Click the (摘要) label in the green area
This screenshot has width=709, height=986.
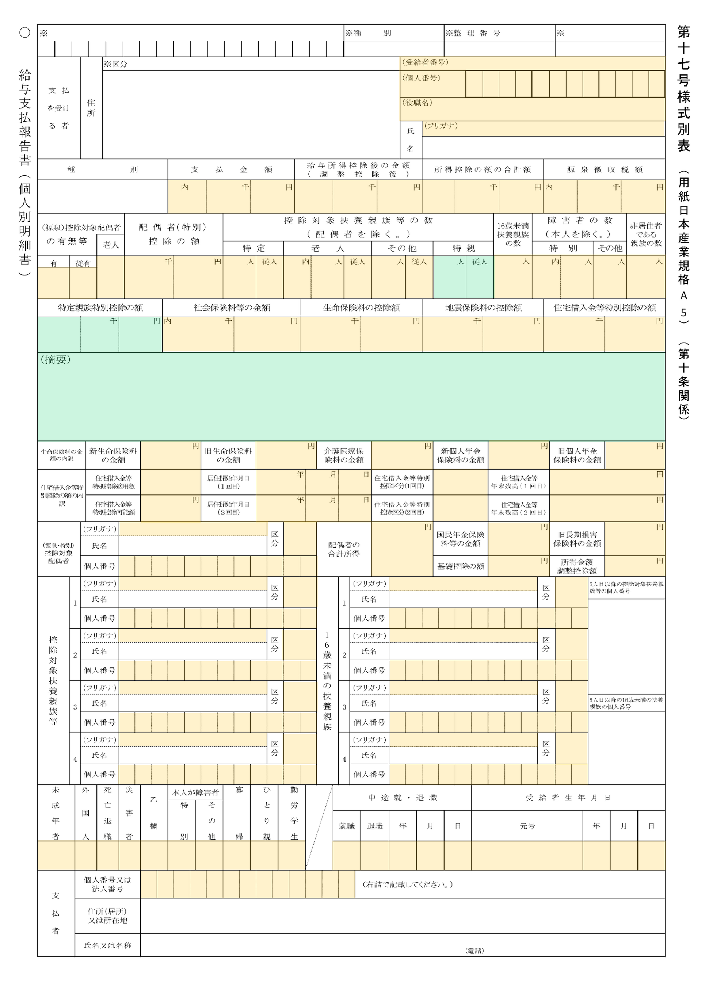55,360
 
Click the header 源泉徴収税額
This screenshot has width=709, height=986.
604,169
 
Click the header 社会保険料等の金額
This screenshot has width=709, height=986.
232,308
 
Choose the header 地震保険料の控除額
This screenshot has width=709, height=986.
483,308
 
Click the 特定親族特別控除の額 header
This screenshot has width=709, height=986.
100,308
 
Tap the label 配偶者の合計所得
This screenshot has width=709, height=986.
344,549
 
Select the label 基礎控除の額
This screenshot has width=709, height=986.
460,566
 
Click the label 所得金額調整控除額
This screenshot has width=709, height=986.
577,566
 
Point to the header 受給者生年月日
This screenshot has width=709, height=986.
568,798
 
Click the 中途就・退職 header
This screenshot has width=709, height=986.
402,798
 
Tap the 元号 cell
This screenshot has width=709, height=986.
527,826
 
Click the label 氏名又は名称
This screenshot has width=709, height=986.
107,945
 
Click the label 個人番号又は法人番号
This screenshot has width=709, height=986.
107,884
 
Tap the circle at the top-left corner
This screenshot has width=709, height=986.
25,33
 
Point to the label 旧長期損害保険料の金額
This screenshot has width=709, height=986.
577,539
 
